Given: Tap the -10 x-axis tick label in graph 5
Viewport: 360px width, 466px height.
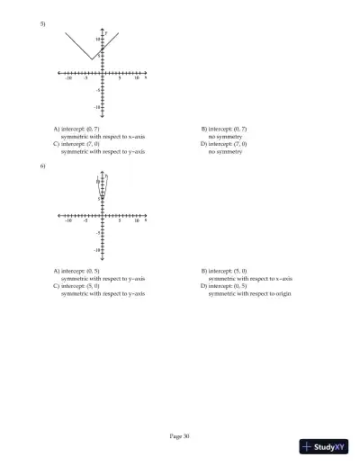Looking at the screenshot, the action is click(67, 79).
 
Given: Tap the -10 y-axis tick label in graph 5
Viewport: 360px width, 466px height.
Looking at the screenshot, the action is click(96, 107).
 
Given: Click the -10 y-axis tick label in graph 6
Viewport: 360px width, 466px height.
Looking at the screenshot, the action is click(96, 248).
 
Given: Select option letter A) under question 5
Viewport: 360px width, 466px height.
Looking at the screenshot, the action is click(57, 130).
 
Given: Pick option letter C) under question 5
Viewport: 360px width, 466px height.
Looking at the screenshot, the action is click(57, 144).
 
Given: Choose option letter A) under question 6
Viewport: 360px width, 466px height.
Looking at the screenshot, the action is click(57, 271).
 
